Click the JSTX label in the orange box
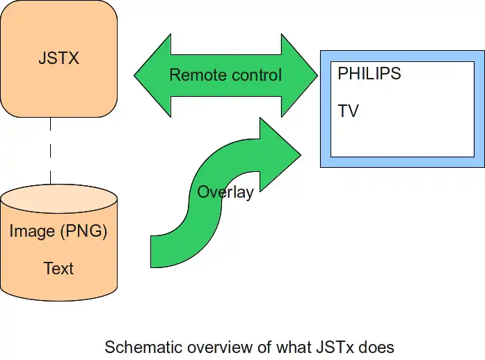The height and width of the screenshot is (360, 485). coord(59,58)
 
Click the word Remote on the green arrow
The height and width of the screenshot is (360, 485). coord(197,75)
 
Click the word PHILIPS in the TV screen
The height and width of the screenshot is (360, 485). coord(369,73)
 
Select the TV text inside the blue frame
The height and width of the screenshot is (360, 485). coord(348,111)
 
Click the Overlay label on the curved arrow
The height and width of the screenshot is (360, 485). coord(225,192)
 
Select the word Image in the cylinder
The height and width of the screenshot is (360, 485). coord(31,231)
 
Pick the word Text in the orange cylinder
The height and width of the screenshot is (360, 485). coord(58,268)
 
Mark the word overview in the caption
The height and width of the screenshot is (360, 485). coord(207,346)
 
